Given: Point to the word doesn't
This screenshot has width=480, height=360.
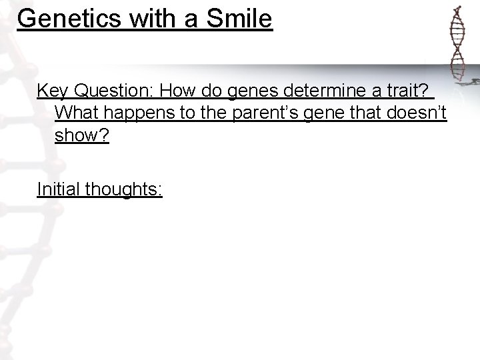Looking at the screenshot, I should tap(419, 113).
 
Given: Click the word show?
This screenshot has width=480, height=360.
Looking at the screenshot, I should tap(81, 135).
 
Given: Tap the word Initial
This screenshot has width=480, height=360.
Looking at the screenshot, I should tap(58, 189).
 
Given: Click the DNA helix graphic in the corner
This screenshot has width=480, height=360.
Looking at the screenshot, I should tap(457, 43).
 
